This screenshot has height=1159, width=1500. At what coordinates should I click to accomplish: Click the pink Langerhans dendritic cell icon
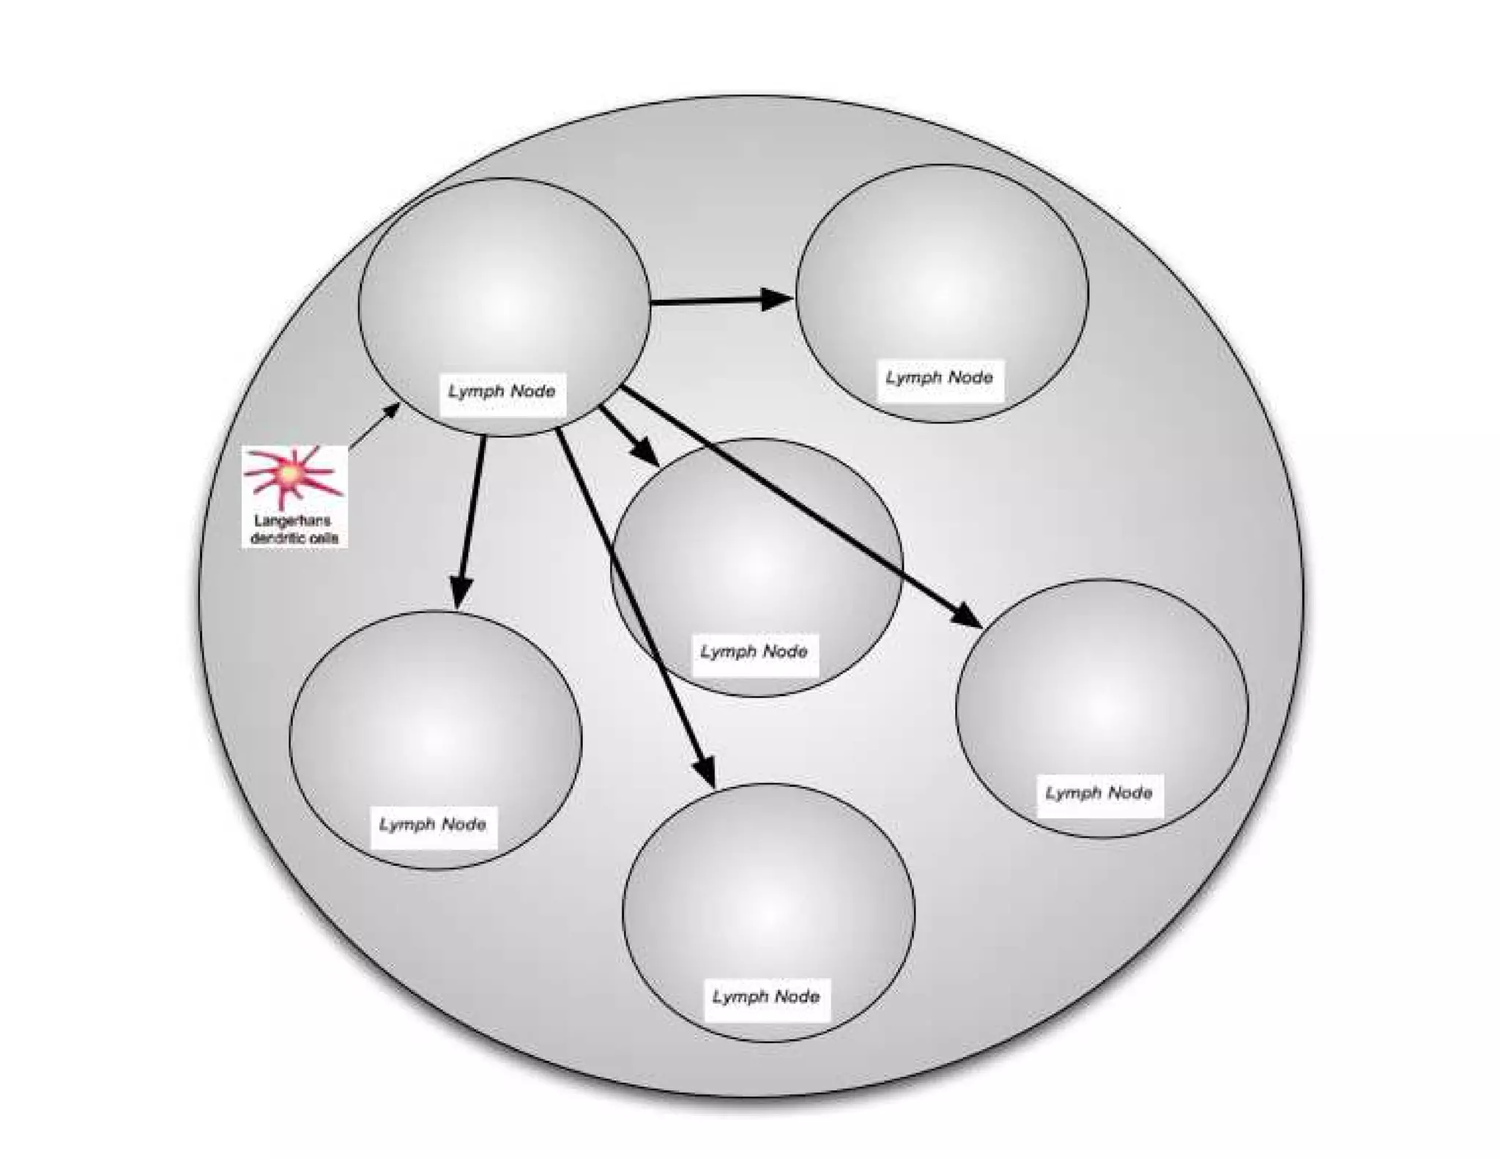point(292,475)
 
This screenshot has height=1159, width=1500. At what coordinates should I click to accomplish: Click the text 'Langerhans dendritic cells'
point(294,529)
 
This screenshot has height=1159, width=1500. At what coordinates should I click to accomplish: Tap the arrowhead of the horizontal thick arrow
point(776,299)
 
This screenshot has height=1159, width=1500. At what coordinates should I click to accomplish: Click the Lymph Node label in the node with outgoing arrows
point(502,390)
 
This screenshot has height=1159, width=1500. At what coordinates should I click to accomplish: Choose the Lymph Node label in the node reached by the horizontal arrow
point(939,377)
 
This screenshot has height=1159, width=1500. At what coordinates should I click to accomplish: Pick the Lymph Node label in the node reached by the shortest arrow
point(754,651)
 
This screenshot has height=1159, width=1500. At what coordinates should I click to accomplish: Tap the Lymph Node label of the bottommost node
point(766,996)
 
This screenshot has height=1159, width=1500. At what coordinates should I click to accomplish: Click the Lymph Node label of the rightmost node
point(1099,793)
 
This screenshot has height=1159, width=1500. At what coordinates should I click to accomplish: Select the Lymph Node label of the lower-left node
point(432,824)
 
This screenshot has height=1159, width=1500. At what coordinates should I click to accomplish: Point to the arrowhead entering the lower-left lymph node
point(460,592)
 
